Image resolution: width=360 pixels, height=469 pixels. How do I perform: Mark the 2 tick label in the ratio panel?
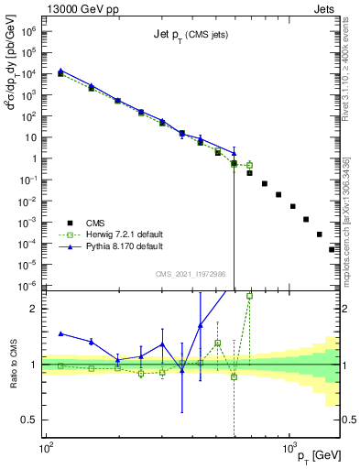coord(36,309)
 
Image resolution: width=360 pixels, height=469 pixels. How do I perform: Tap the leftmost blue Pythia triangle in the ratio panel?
coord(60,333)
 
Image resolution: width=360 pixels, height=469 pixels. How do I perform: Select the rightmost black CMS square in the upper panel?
coord(333,249)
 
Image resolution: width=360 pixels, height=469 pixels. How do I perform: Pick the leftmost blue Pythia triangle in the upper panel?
coord(60,70)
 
